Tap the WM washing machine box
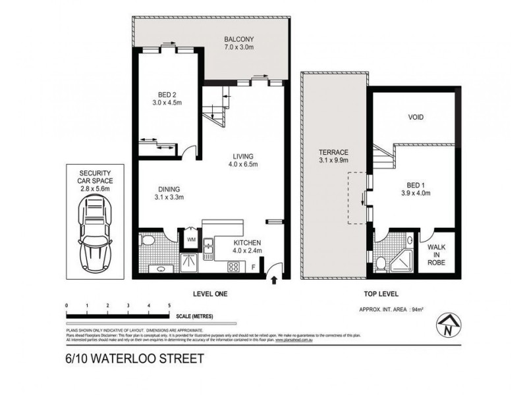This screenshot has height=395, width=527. (192, 239)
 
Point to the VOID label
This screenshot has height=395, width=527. (416, 118)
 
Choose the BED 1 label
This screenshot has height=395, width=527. (416, 188)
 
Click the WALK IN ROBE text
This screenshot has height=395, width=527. (437, 254)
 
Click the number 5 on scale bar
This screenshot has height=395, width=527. (169, 306)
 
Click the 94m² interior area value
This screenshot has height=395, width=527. (417, 308)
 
